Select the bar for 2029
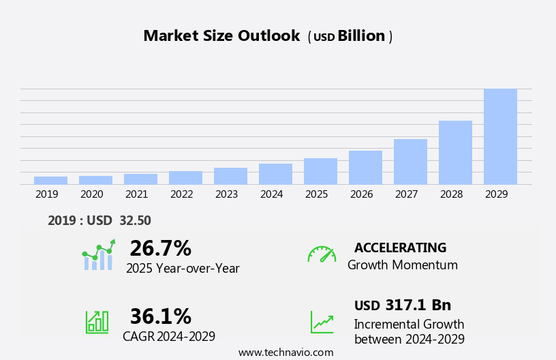coord(500,136)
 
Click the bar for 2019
coord(50,180)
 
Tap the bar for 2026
coord(365,167)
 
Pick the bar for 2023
coord(230,176)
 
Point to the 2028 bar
coord(455,152)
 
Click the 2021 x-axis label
coord(136,194)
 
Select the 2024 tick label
coord(271,194)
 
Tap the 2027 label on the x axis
coord(406,194)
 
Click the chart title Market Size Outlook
coord(221,36)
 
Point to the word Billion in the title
coord(361,36)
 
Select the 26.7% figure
coord(160,248)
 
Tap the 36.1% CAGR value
coord(160,316)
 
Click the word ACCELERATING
coord(400,247)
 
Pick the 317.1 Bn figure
coord(418,305)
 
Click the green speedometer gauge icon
coord(322,254)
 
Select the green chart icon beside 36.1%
coord(97,321)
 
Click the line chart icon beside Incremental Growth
coord(322,322)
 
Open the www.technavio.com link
coord(285,352)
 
